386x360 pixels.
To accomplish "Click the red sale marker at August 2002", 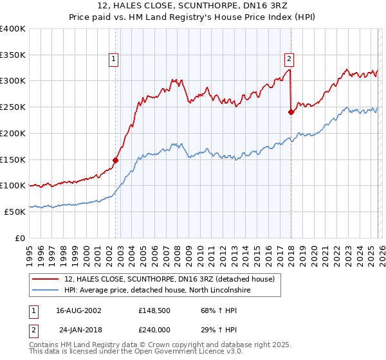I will (116, 160).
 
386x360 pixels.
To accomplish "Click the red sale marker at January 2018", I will (291, 112).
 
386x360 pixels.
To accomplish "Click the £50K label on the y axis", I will (15, 212).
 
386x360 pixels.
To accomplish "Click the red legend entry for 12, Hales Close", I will (169, 279).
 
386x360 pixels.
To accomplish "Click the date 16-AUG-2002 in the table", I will (78, 310).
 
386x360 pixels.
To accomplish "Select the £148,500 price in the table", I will (155, 310).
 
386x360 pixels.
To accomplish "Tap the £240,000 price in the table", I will (155, 329).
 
